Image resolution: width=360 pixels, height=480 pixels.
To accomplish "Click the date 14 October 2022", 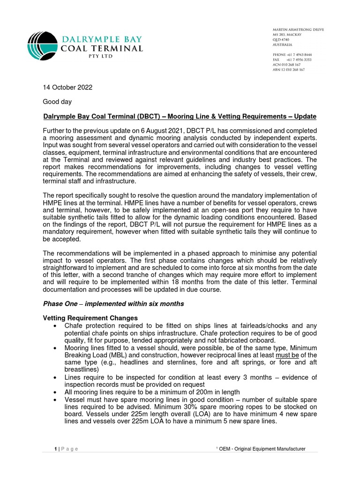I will pyautogui.click(x=67, y=87).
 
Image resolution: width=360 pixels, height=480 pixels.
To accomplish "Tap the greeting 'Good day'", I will pyautogui.click(x=57, y=101).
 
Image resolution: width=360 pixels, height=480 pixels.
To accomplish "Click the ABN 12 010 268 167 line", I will pyautogui.click(x=289, y=69).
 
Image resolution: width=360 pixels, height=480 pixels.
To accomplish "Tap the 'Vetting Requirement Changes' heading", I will pyautogui.click(x=90, y=318).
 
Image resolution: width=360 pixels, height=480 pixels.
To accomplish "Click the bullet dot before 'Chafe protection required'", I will pyautogui.click(x=56, y=326).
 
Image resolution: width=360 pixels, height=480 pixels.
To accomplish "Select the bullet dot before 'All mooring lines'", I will pyautogui.click(x=56, y=392).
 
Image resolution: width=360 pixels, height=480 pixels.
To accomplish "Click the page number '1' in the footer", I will pyautogui.click(x=55, y=449).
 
